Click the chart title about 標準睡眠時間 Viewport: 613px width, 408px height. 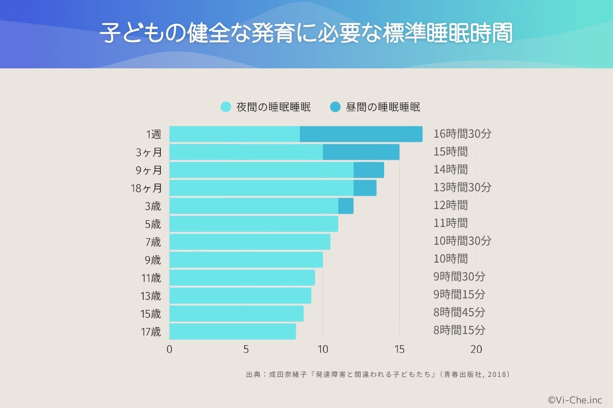pos(306,34)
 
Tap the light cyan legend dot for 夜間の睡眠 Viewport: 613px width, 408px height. pos(226,107)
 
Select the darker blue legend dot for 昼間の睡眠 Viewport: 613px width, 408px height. pos(335,107)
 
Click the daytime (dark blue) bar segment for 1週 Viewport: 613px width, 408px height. pos(361,134)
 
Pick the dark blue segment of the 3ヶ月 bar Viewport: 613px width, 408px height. pos(361,152)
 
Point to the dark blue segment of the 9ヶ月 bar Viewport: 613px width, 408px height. pos(368,170)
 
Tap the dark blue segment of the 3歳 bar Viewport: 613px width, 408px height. pos(346,206)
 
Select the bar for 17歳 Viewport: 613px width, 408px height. pos(232,331)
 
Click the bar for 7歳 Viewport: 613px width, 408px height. pos(249,241)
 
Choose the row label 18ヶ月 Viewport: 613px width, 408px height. pos(146,188)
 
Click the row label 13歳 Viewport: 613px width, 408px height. pos(151,295)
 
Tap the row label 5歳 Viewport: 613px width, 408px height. pos(153,223)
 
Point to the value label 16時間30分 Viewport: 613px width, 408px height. pos(462,134)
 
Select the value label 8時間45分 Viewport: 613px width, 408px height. pos(459,312)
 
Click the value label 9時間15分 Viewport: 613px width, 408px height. pos(459,294)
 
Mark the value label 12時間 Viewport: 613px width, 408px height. pos(450,205)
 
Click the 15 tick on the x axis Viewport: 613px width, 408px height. pos(399,350)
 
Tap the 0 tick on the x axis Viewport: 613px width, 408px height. pos(170,350)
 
